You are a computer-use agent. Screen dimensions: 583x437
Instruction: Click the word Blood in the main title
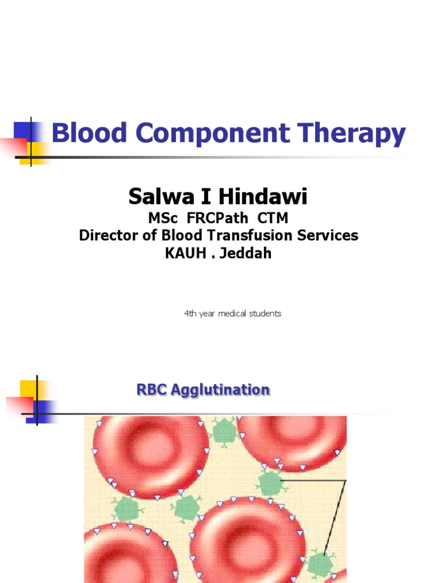(x=80, y=134)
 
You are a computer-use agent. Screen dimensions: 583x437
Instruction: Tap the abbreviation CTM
(x=267, y=218)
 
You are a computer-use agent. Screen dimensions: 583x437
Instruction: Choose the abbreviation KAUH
(x=183, y=253)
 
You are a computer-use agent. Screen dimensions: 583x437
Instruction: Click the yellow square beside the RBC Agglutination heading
(x=28, y=389)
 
